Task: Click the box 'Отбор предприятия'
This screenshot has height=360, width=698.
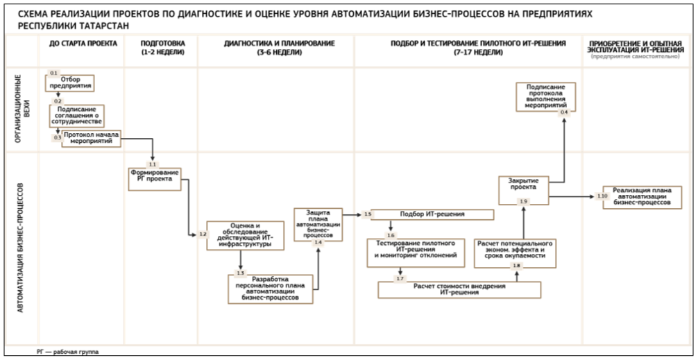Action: click(70, 83)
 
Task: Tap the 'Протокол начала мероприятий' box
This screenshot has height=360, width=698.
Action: click(92, 139)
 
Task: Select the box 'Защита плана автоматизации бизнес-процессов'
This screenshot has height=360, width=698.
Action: click(318, 223)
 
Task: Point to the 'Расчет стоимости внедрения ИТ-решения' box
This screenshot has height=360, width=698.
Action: click(449, 289)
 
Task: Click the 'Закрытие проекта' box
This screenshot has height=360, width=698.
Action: click(524, 188)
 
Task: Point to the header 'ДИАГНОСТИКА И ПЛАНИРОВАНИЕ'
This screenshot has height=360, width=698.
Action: click(275, 47)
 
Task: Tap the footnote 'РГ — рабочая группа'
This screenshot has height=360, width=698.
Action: click(68, 352)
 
